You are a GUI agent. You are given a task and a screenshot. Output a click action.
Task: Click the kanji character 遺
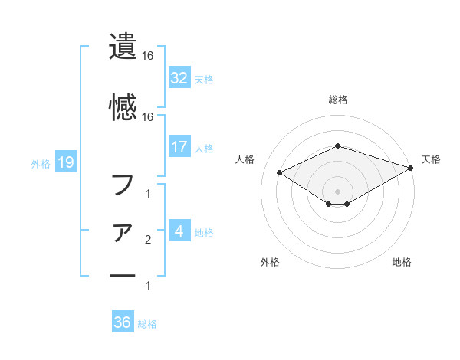click(x=123, y=47)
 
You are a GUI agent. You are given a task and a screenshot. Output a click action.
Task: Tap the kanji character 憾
click(x=123, y=106)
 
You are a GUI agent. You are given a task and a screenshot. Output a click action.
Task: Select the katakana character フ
click(x=123, y=185)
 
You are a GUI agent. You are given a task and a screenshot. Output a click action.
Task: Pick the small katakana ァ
click(x=123, y=232)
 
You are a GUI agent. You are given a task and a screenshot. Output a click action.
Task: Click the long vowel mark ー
click(x=123, y=275)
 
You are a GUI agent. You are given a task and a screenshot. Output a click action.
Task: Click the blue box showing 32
click(x=179, y=78)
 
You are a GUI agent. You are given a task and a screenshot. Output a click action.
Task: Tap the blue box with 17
click(x=179, y=147)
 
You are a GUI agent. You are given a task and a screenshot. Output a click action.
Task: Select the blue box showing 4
click(x=179, y=231)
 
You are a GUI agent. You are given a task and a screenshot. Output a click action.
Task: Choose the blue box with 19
click(x=65, y=162)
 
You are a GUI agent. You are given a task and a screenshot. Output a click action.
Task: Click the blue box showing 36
click(x=122, y=322)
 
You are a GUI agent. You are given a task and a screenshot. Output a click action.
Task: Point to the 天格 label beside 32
click(x=204, y=80)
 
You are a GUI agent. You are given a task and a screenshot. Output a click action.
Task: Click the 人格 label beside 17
click(x=204, y=149)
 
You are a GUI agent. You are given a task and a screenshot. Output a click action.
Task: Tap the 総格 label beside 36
click(x=147, y=324)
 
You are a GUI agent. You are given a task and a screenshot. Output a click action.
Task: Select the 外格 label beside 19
click(x=41, y=163)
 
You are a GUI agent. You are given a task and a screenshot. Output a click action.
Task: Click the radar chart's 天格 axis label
click(x=431, y=159)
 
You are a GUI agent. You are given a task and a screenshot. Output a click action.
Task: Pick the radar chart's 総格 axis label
click(x=337, y=100)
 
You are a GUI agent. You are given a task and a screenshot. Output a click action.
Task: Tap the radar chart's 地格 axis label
click(x=402, y=263)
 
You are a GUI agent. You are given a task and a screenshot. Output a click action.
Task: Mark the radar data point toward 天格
click(x=412, y=168)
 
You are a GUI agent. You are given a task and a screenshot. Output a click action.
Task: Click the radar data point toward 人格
click(x=280, y=172)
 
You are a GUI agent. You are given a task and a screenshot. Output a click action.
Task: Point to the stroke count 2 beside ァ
click(x=147, y=241)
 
